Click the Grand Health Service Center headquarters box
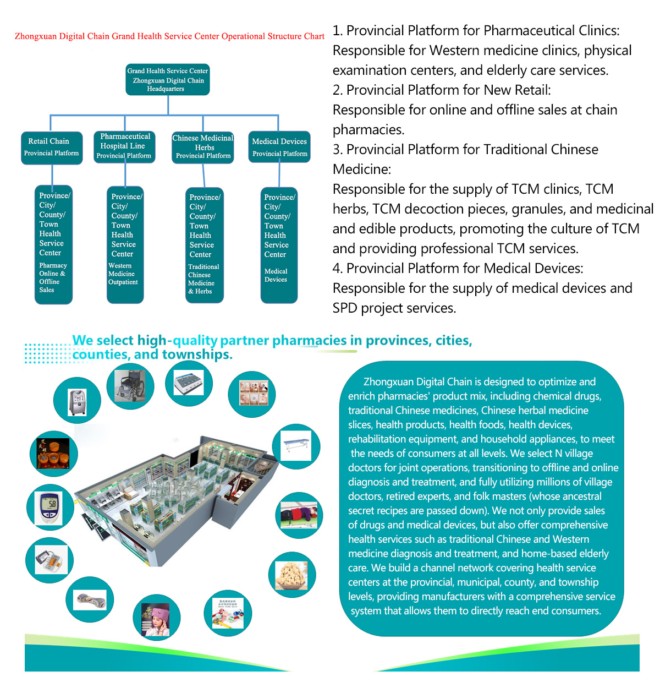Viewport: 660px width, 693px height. click(168, 79)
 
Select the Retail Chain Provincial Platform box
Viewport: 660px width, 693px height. click(52, 148)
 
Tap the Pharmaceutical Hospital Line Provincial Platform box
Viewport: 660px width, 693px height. click(124, 146)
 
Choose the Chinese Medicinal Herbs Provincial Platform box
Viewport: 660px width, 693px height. click(203, 148)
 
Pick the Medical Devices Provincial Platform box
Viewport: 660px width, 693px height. click(279, 146)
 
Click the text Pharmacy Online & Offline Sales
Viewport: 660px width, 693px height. click(53, 277)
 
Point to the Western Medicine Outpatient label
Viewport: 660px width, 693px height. click(123, 274)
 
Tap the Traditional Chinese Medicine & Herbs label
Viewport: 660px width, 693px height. click(203, 279)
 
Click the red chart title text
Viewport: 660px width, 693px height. click(169, 36)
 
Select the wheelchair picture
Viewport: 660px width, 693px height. click(130, 386)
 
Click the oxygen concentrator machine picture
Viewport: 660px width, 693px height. click(77, 402)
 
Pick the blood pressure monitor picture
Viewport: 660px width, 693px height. click(51, 560)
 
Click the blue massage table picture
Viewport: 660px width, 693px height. click(296, 445)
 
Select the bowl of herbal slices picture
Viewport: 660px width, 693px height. click(291, 575)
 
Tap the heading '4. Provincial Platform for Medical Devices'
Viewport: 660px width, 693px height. click(458, 268)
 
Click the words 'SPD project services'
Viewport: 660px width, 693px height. click(394, 308)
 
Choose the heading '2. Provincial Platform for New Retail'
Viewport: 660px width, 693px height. click(442, 90)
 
